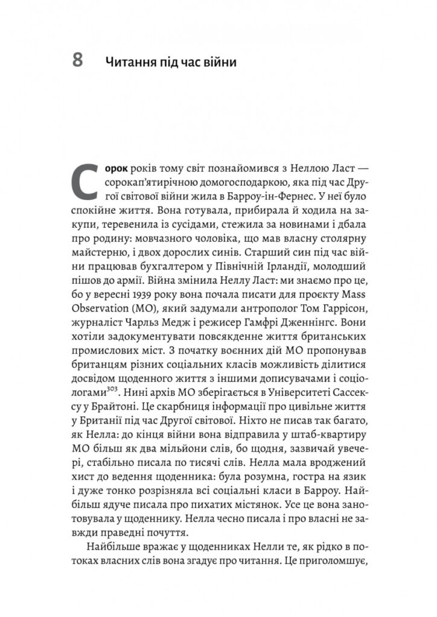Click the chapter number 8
77,61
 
